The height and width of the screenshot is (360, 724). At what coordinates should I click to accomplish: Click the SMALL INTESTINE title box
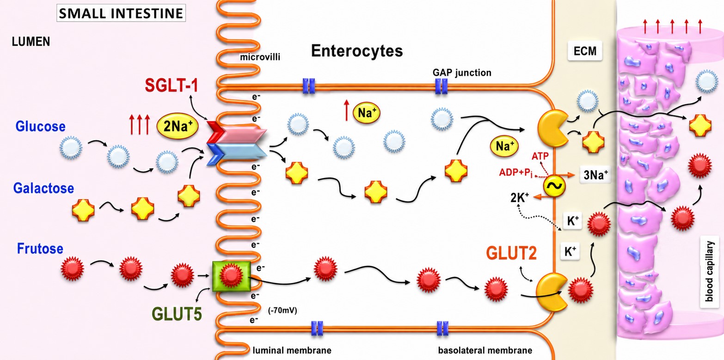tap(121, 13)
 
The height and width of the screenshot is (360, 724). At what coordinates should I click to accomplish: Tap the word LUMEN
tap(31, 42)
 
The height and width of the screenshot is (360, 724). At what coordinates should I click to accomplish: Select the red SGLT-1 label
tap(172, 85)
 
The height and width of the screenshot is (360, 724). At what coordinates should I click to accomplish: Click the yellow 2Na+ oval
tap(177, 126)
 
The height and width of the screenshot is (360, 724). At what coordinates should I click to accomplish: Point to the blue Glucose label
tap(40, 126)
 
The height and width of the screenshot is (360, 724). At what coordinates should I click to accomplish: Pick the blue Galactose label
tap(43, 188)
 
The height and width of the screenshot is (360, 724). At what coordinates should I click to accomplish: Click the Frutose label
tap(40, 249)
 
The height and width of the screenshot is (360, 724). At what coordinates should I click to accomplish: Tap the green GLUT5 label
tap(177, 314)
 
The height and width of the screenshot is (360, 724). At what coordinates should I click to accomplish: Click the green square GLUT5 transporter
tap(232, 276)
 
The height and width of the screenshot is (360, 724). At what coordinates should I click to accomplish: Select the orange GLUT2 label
tap(511, 253)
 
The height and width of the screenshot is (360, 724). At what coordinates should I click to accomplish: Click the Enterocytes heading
tap(357, 51)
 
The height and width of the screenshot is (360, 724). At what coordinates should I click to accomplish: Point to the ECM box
tap(585, 51)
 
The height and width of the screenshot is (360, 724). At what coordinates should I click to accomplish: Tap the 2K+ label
tap(519, 197)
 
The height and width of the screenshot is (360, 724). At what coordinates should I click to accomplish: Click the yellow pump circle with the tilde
tap(554, 186)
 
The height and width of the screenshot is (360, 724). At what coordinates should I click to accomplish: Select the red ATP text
tap(540, 156)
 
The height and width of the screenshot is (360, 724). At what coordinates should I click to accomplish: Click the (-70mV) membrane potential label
tap(282, 311)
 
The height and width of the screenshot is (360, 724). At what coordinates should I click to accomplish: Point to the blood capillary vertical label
tap(709, 271)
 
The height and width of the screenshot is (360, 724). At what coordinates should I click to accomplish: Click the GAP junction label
tap(462, 73)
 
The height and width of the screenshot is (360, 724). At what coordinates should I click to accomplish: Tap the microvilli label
tap(260, 57)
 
